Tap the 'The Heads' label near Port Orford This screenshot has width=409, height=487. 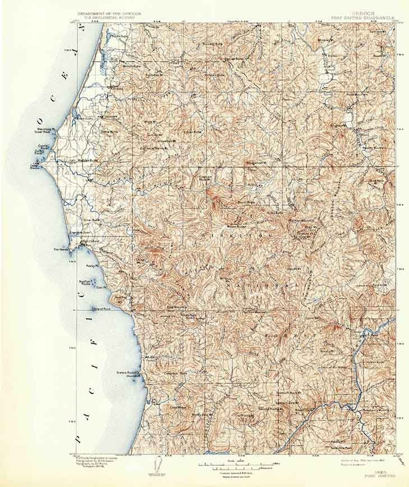coord(60,249)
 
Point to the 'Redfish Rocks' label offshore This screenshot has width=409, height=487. coord(85,283)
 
